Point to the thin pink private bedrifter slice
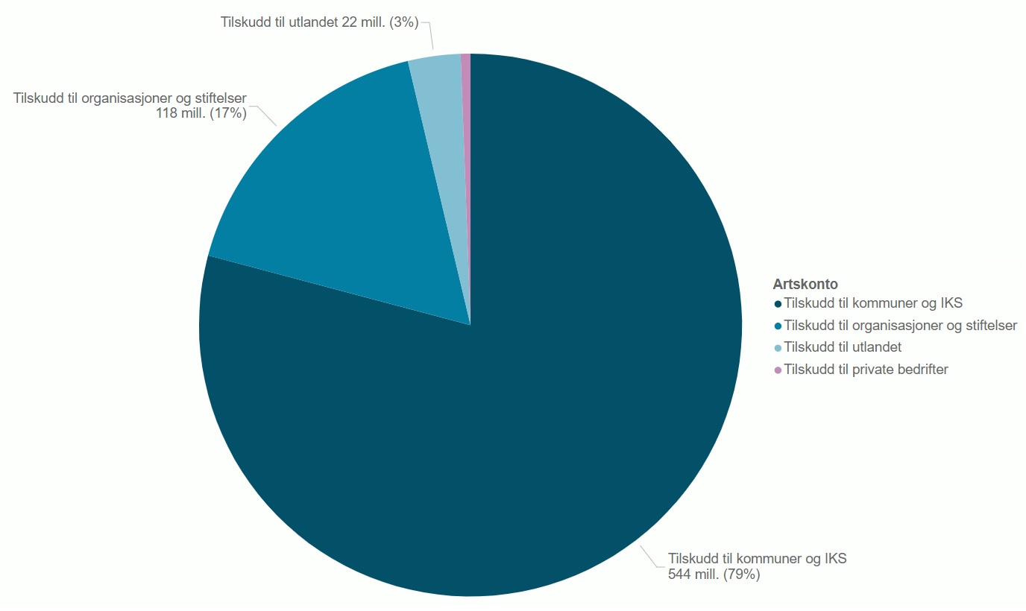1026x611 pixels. click(466, 112)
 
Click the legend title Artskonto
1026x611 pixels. click(805, 284)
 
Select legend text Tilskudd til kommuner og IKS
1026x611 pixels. click(873, 303)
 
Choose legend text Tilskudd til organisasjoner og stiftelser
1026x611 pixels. click(901, 326)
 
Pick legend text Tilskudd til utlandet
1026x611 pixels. click(843, 347)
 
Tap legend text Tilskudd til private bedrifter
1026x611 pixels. click(866, 369)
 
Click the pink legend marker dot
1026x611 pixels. click(778, 370)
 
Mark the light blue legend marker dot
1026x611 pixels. click(778, 348)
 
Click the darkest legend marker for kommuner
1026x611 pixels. click(778, 304)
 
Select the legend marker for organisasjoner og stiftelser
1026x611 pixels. click(778, 326)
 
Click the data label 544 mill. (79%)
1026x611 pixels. click(714, 574)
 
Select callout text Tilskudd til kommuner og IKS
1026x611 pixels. click(758, 559)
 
